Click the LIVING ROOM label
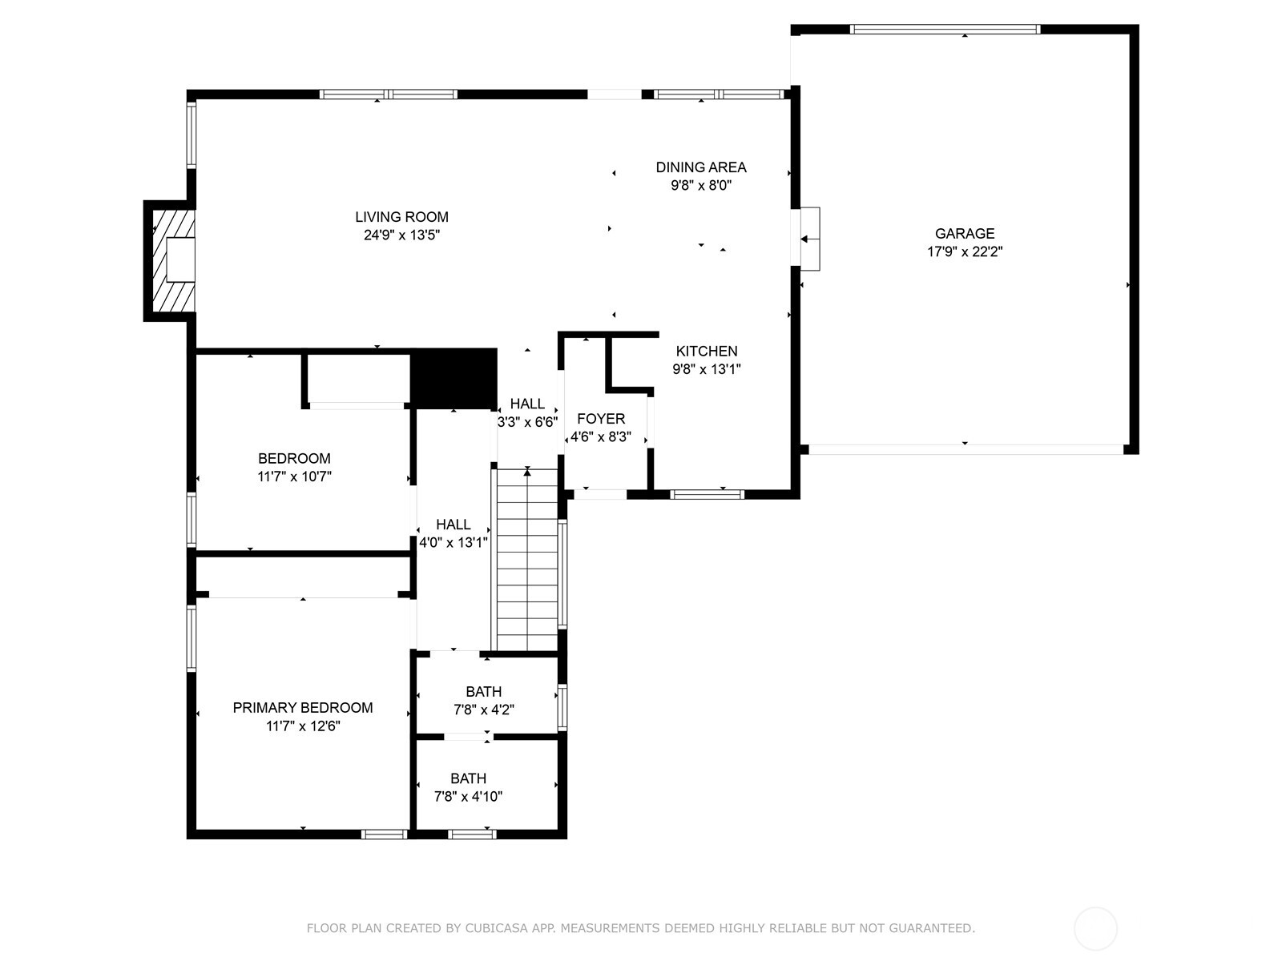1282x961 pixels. pos(401,217)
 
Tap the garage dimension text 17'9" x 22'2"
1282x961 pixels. pos(965,251)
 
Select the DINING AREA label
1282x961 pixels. pos(700,167)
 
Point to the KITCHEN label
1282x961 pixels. pos(706,351)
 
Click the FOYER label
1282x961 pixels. pos(601,419)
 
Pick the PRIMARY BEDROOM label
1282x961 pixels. pos(303,708)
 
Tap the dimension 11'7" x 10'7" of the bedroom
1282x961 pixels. pos(294,476)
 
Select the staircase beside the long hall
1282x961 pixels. pos(526,561)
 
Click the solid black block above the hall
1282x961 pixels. pos(454,378)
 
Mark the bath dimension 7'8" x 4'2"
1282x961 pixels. pos(484,710)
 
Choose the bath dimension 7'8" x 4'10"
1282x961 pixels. pos(468,797)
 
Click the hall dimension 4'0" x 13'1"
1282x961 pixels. pos(454,542)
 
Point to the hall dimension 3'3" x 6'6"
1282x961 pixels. pos(527,422)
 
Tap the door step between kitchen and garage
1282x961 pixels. pos(810,239)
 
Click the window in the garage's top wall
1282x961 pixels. pos(945,30)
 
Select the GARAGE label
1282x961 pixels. pos(965,233)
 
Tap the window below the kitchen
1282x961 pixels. pos(707,494)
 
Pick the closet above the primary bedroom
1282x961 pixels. pos(303,575)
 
